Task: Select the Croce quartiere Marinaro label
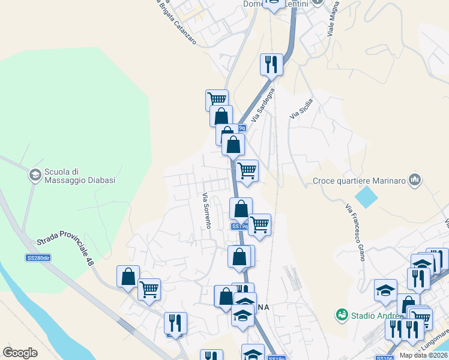click(x=359, y=180)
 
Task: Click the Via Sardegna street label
click(x=263, y=106)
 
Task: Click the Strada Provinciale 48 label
click(x=66, y=244)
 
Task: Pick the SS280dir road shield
click(x=37, y=258)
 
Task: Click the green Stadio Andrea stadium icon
click(x=342, y=314)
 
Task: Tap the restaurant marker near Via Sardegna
click(x=271, y=64)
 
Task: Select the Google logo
click(x=20, y=353)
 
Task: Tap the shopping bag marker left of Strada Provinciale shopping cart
click(x=128, y=277)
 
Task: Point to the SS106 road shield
click(x=384, y=358)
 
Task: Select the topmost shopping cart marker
click(x=217, y=99)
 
